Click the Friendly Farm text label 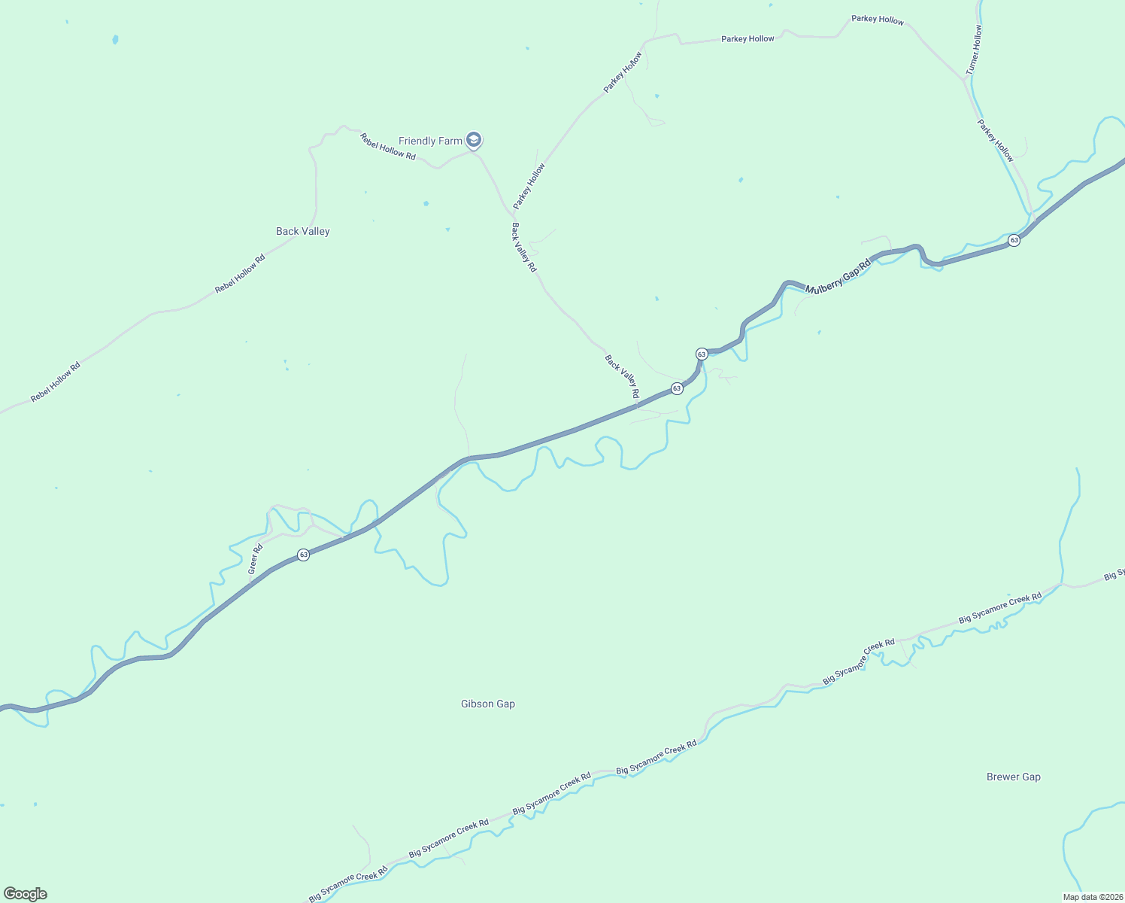pyautogui.click(x=430, y=141)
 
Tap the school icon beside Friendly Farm pyautogui.click(x=474, y=140)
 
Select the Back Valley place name pyautogui.click(x=302, y=231)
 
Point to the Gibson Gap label pyautogui.click(x=487, y=704)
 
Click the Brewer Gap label pyautogui.click(x=1013, y=777)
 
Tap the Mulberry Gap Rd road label pyautogui.click(x=837, y=277)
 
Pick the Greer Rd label pyautogui.click(x=256, y=559)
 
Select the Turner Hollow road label pyautogui.click(x=974, y=50)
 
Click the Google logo pyautogui.click(x=26, y=894)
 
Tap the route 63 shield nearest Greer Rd pyautogui.click(x=303, y=555)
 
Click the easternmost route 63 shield pyautogui.click(x=1014, y=240)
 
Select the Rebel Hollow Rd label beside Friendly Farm pyautogui.click(x=387, y=146)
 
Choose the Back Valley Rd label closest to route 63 pyautogui.click(x=622, y=377)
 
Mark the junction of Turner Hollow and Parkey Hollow pyautogui.click(x=965, y=78)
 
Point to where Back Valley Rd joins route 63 pyautogui.click(x=637, y=406)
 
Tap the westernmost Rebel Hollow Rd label pyautogui.click(x=55, y=383)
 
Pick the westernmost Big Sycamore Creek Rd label pyautogui.click(x=348, y=883)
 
